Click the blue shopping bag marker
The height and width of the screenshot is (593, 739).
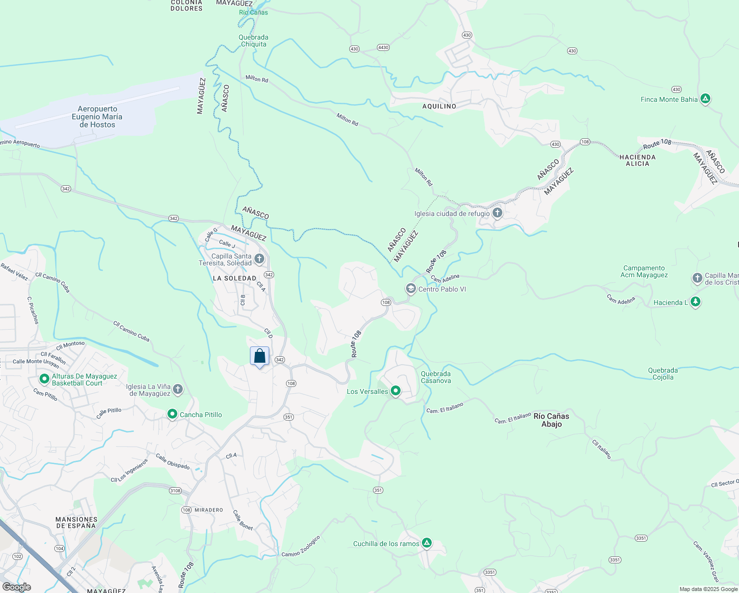tap(260, 356)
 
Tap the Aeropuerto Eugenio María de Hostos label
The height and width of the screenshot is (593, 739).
tap(97, 117)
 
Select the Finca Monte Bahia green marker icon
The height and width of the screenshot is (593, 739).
tap(705, 99)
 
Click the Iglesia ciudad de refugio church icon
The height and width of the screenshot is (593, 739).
tap(497, 213)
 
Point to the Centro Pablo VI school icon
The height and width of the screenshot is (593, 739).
tap(411, 289)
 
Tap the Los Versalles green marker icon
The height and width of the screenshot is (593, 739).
tap(395, 391)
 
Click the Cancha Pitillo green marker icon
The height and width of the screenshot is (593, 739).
tap(172, 414)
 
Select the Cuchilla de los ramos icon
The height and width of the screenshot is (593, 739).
tap(426, 543)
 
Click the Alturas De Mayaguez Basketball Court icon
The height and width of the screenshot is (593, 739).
tap(44, 380)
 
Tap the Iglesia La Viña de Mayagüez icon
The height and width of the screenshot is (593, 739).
tap(178, 390)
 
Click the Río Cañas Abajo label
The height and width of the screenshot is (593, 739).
tap(551, 420)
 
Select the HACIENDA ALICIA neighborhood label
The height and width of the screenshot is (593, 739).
tap(637, 160)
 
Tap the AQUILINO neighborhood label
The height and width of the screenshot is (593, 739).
tap(439, 106)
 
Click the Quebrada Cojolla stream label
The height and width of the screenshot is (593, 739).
tap(662, 374)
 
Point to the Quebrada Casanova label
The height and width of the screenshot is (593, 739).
tap(436, 377)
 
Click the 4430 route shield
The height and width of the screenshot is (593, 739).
tap(383, 47)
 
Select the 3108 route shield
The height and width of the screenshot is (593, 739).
tap(175, 491)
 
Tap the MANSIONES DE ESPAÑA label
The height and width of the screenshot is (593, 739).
tap(76, 522)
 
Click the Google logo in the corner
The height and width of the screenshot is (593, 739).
tap(17, 587)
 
